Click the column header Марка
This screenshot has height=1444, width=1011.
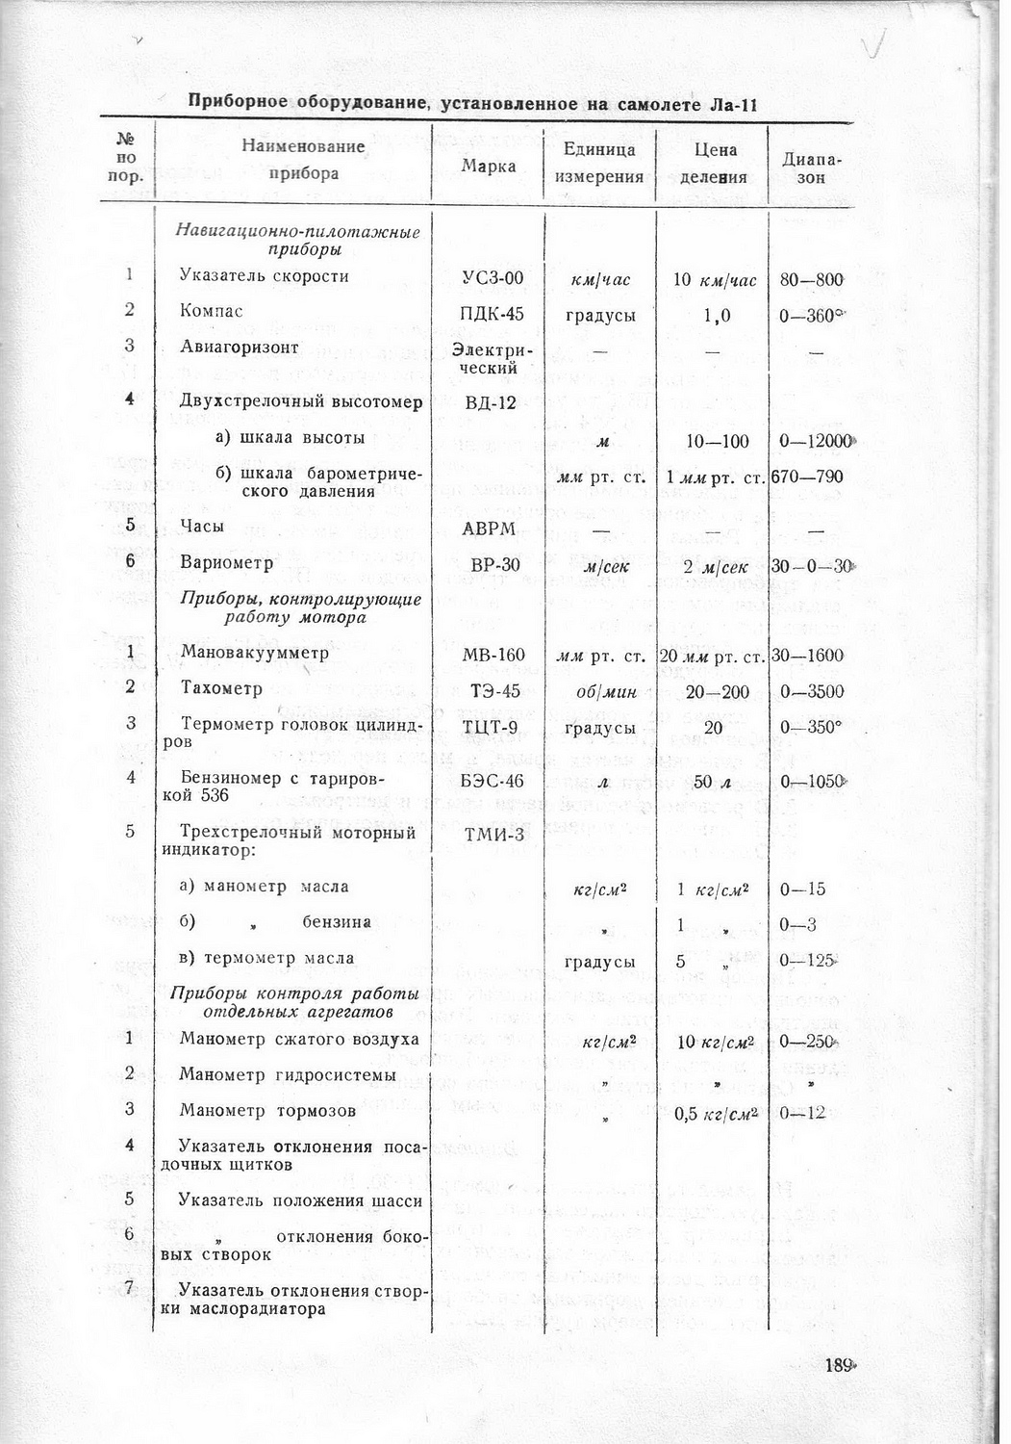tap(488, 166)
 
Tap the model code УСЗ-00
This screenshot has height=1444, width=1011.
tap(493, 278)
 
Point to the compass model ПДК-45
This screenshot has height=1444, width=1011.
tap(493, 314)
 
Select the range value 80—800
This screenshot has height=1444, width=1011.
tap(812, 279)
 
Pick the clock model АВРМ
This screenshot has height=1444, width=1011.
tap(490, 528)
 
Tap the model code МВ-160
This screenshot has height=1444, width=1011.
tap(493, 656)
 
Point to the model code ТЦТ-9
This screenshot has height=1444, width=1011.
tap(493, 726)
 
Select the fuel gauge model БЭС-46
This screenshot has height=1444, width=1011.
tap(493, 781)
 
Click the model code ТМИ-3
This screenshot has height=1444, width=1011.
tap(494, 834)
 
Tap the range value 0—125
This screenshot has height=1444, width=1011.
tap(806, 960)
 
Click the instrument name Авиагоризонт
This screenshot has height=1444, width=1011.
tap(240, 348)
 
